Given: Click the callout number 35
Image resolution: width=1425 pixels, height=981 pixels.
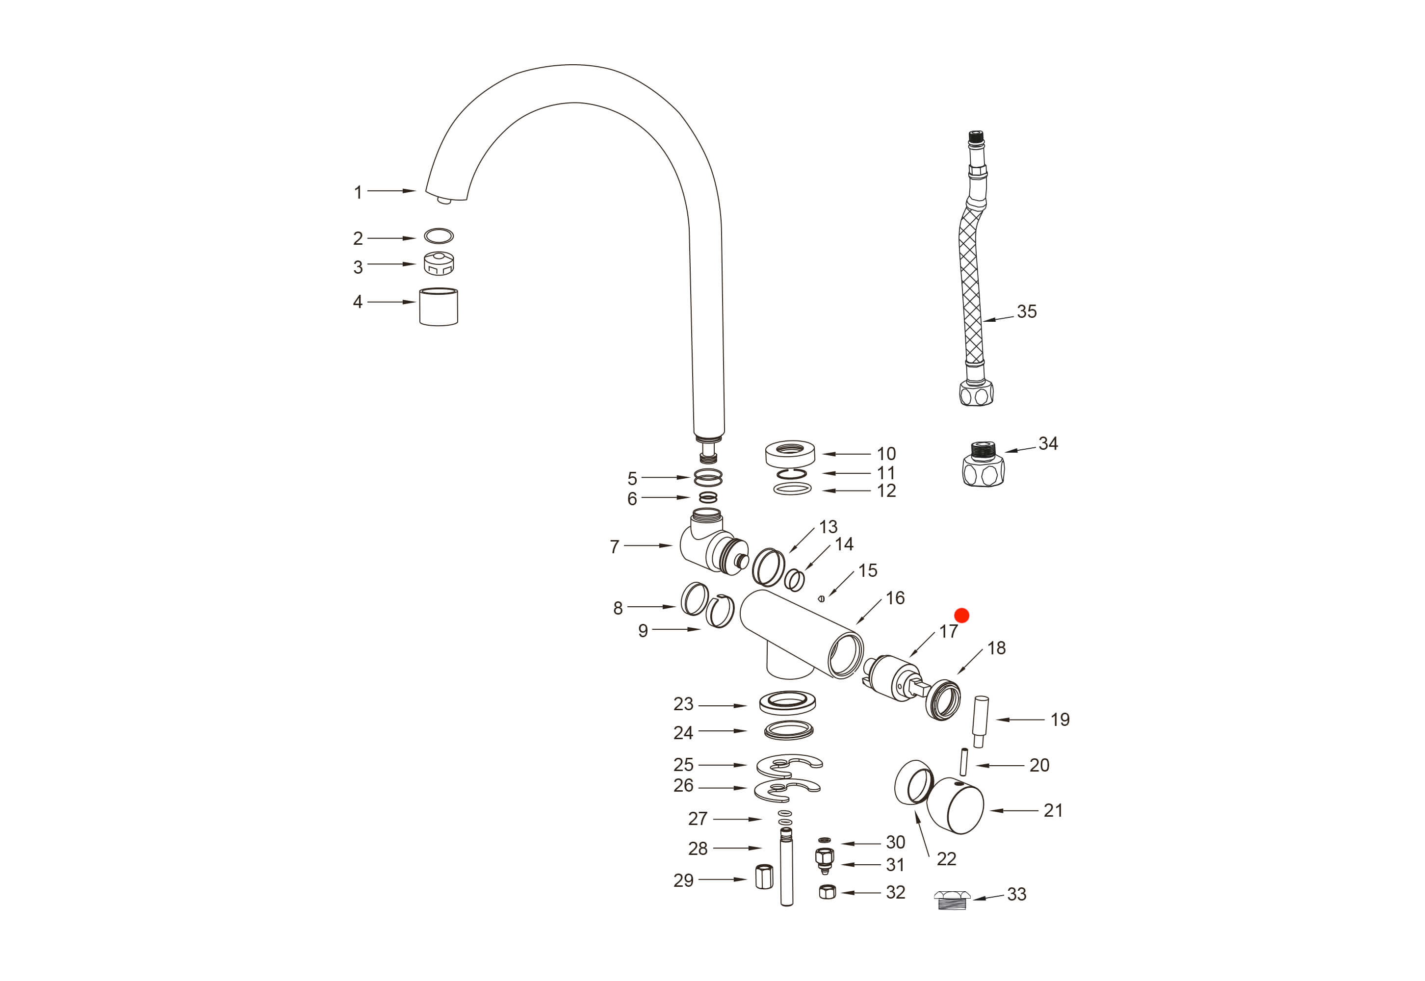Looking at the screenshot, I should pos(1026,311).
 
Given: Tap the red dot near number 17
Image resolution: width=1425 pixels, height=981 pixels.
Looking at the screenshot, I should pos(961,615).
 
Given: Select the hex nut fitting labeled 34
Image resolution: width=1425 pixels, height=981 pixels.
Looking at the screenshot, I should pos(983,465).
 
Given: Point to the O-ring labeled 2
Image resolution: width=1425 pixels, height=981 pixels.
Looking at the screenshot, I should pos(439,236).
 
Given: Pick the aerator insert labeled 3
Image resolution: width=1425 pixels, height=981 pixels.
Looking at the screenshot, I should pos(439,264).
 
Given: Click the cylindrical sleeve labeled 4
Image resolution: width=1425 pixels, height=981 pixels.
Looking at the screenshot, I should pos(439,307).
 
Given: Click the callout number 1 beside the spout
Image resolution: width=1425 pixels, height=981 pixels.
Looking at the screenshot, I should pos(358,192).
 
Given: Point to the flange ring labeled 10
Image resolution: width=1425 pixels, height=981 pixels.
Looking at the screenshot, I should pos(790,454).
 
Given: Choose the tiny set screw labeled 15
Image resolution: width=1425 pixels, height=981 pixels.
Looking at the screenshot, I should pos(821,599).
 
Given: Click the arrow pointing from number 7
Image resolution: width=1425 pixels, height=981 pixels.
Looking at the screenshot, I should pos(649,545).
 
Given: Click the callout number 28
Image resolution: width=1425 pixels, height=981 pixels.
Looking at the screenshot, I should pos(697,849).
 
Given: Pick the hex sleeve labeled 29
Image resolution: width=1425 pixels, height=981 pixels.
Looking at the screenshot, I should pos(764,877).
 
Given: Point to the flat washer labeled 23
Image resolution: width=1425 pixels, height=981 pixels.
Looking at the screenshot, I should pos(787,702).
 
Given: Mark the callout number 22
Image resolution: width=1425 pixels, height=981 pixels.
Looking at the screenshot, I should pos(946,859).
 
